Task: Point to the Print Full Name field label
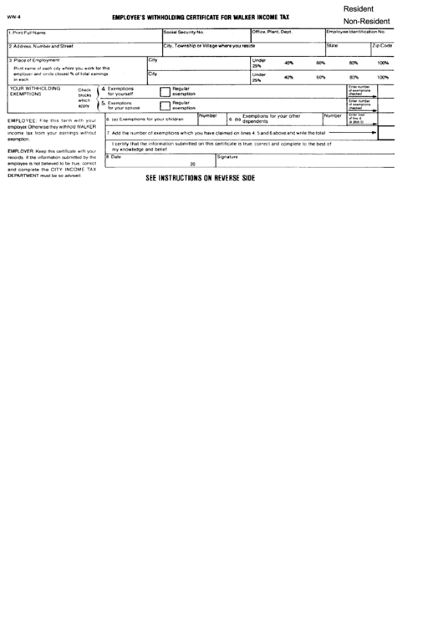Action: pyautogui.click(x=28, y=32)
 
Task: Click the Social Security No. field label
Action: pyautogui.click(x=184, y=32)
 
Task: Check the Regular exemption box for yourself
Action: pyautogui.click(x=165, y=91)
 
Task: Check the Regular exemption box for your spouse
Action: pyautogui.click(x=165, y=105)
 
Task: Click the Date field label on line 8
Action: pyautogui.click(x=115, y=156)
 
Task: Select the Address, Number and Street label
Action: pyautogui.click(x=42, y=46)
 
